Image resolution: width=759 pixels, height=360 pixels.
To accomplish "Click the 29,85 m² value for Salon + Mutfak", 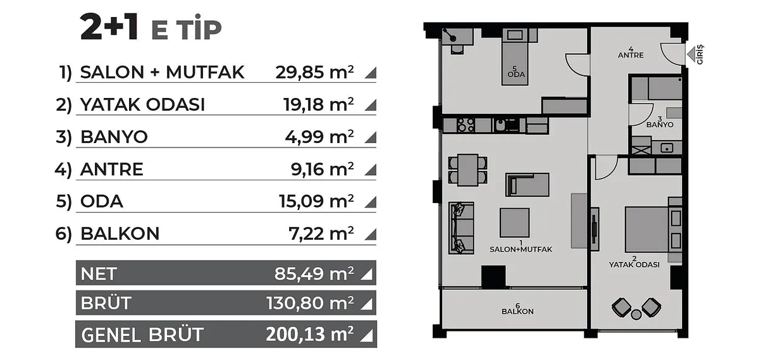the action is click(x=314, y=72).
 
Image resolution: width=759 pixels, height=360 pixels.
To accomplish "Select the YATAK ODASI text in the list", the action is click(x=142, y=104).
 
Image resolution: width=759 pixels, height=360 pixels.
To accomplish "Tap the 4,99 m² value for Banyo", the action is click(x=319, y=137).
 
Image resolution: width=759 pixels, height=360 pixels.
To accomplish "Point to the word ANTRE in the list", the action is click(x=111, y=169).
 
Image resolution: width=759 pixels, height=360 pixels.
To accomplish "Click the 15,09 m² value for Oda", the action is click(x=316, y=201).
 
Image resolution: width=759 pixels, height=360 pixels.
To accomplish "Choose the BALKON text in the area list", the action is click(x=120, y=233).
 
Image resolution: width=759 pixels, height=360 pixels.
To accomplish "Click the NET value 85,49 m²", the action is click(x=314, y=273).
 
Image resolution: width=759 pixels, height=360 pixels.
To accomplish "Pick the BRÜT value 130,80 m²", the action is click(x=310, y=303).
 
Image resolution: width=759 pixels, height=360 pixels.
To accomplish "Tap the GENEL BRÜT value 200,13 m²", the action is click(x=310, y=334).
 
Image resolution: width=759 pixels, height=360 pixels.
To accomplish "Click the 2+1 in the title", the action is click(x=109, y=28).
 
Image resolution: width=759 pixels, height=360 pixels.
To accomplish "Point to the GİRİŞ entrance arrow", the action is click(x=691, y=54).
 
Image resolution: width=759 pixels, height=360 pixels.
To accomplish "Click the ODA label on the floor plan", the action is click(x=516, y=74).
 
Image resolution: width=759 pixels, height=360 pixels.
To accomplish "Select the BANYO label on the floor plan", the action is click(x=659, y=125).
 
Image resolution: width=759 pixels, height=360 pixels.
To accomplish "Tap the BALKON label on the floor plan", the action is click(x=517, y=311).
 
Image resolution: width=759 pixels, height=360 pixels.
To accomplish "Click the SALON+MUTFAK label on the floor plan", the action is click(x=521, y=249).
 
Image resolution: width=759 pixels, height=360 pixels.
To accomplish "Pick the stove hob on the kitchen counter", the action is click(x=466, y=125).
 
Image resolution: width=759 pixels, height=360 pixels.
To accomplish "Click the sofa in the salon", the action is click(x=461, y=228).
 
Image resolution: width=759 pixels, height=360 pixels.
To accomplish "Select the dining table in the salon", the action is click(x=467, y=170).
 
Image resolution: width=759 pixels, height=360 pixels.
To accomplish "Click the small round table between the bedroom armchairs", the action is click(x=636, y=314).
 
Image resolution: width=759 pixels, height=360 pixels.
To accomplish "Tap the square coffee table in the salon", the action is click(x=514, y=223).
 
